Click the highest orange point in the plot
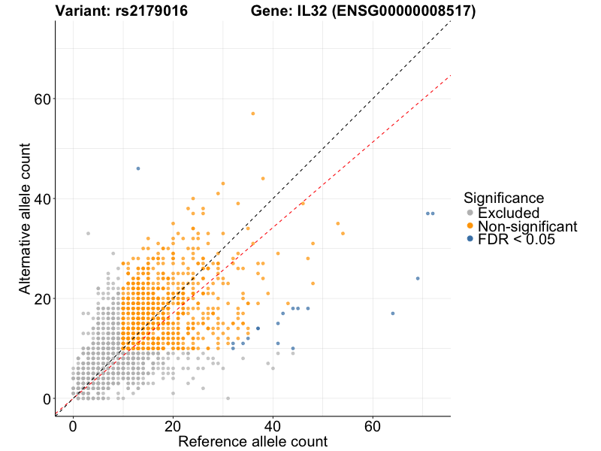coord(253,114)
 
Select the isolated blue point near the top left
coord(138,168)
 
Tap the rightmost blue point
coord(433,213)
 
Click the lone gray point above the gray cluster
coord(88,233)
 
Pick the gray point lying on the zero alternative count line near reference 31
coord(228,398)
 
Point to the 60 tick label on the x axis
coord(373,425)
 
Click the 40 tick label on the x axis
coord(273,425)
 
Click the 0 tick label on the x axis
coord(73,425)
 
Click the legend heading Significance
coord(503,198)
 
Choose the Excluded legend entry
coord(509,213)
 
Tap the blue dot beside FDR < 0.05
coord(470,240)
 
